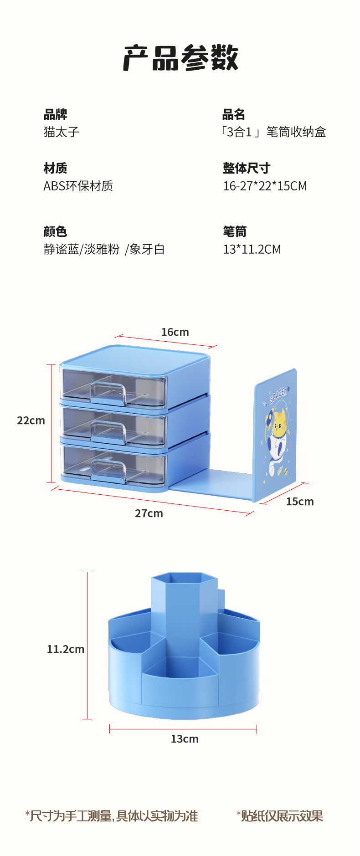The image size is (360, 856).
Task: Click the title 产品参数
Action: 180,58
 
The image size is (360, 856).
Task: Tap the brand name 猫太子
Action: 62,132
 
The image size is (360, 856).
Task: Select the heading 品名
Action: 234,114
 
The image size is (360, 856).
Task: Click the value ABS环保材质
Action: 78,186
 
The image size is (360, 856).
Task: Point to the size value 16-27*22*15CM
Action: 265,186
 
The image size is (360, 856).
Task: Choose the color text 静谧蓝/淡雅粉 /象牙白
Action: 104,249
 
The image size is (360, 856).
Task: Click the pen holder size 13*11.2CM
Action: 252,249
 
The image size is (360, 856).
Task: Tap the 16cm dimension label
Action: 175,332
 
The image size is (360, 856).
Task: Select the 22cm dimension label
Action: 31,420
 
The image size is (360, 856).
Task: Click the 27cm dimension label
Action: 149,513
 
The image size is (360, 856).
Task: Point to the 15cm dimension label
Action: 300,502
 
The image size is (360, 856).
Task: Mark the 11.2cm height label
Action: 66,649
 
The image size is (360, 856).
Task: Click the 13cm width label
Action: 185,739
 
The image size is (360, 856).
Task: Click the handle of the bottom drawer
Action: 108,471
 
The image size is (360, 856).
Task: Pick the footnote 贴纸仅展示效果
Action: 279,816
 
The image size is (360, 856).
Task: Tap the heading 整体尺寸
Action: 247,168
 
